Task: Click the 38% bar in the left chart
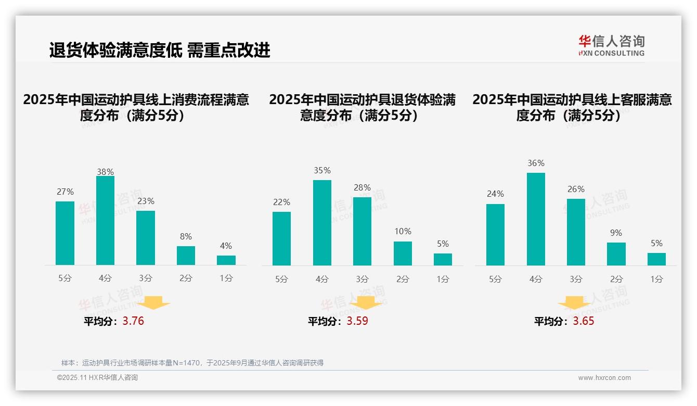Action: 105,221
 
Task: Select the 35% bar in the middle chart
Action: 322,223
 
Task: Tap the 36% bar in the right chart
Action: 536,219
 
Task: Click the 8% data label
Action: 186,236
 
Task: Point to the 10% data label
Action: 403,231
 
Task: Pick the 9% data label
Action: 616,233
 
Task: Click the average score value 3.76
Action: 133,321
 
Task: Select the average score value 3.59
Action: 357,321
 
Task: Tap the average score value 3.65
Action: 584,321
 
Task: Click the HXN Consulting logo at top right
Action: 611,45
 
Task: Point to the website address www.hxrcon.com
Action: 604,378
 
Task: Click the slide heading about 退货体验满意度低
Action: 160,50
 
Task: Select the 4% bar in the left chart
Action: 226,260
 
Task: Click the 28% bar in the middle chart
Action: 362,231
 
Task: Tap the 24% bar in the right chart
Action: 495,235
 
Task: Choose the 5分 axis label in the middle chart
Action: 281,279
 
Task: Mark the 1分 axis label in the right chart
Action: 656,279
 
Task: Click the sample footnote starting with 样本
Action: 192,363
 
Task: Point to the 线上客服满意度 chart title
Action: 572,107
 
